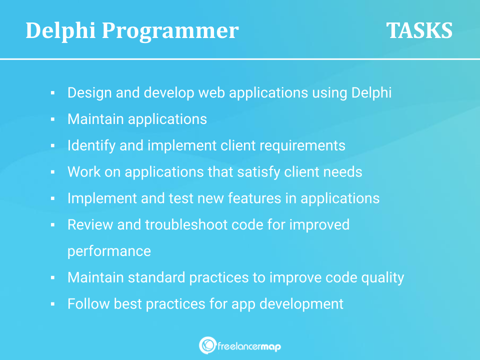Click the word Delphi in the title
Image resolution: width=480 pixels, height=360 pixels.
[x=60, y=30]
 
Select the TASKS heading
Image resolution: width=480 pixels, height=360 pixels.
[x=419, y=30]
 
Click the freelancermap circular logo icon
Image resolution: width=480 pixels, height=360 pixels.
[x=207, y=345]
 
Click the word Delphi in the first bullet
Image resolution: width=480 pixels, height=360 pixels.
[x=371, y=93]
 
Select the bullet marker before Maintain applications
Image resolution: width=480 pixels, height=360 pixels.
[x=52, y=119]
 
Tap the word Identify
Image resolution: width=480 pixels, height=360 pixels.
[x=91, y=145]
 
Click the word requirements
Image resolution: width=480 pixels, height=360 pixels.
[x=302, y=146]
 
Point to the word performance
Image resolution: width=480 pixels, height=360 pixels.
[x=109, y=251]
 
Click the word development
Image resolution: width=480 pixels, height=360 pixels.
[x=301, y=304]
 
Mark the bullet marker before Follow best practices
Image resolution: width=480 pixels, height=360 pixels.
[x=52, y=304]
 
